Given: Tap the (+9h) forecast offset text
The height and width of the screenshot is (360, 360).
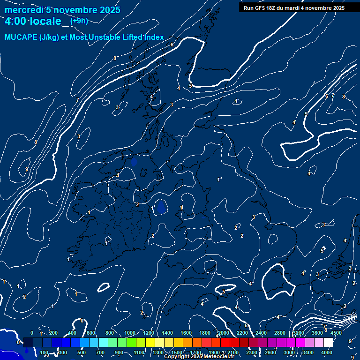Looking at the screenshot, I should [79, 21].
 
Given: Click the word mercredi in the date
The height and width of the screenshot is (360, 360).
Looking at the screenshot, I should [23, 10].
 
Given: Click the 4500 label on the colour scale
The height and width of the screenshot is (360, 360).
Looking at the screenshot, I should [336, 333].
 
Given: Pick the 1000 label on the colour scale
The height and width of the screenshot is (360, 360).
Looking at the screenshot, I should [130, 333].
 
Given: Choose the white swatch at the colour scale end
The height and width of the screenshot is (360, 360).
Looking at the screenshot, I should [328, 343].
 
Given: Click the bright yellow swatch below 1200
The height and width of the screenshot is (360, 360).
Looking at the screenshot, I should [150, 343].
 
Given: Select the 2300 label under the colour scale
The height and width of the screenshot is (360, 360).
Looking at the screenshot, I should [252, 352].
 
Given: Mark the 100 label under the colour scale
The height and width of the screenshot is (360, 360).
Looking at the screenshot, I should [45, 352].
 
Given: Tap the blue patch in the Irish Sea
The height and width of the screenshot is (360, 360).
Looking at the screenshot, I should [161, 207].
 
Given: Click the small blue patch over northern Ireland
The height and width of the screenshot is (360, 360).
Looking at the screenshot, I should [134, 162].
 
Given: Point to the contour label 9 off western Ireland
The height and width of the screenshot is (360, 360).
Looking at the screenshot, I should [27, 169].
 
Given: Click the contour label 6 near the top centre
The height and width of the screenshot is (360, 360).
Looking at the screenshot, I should [172, 45].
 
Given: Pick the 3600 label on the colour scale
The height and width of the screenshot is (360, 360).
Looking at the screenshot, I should [317, 333].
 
